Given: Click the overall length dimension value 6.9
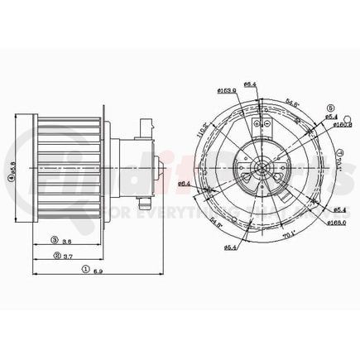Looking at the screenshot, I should point(98,271).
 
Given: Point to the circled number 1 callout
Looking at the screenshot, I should point(85,271).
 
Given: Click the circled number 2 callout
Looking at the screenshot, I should point(59,256).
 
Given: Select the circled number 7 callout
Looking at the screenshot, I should point(340,153).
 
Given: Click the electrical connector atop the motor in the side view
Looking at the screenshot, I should point(146,125).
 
